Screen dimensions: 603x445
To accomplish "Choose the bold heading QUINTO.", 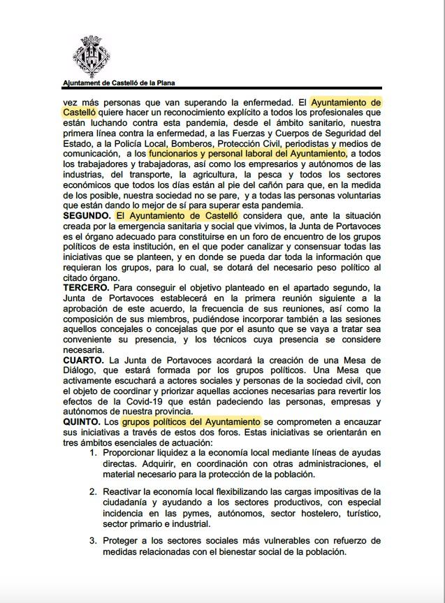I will [82, 422].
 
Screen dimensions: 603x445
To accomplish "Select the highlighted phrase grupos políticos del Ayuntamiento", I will [191, 422].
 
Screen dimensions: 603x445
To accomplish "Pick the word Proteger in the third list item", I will [122, 540].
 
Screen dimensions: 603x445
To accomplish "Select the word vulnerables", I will [284, 540].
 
